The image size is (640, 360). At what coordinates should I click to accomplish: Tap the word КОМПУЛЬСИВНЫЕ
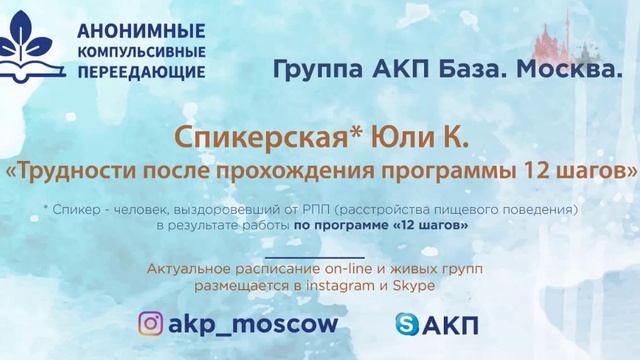tap(138, 52)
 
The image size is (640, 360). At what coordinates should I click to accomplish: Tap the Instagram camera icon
tap(151, 323)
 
